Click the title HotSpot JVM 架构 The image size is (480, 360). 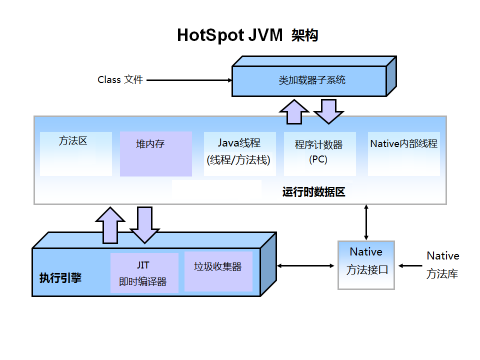247,35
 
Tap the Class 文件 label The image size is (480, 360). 120,79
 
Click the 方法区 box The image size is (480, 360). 75,153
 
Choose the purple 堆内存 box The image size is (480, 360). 155,154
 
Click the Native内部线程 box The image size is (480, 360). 403,153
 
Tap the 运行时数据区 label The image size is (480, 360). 313,192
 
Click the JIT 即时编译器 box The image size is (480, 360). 144,272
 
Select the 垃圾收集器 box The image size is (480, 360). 218,271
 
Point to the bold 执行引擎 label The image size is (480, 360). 60,278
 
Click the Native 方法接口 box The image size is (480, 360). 366,265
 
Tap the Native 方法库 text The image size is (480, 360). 442,265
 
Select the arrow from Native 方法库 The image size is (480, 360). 411,265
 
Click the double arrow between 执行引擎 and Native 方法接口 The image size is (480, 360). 306,266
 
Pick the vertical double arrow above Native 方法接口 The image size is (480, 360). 366,222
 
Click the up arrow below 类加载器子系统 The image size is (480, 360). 294,111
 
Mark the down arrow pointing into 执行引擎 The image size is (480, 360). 144,225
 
